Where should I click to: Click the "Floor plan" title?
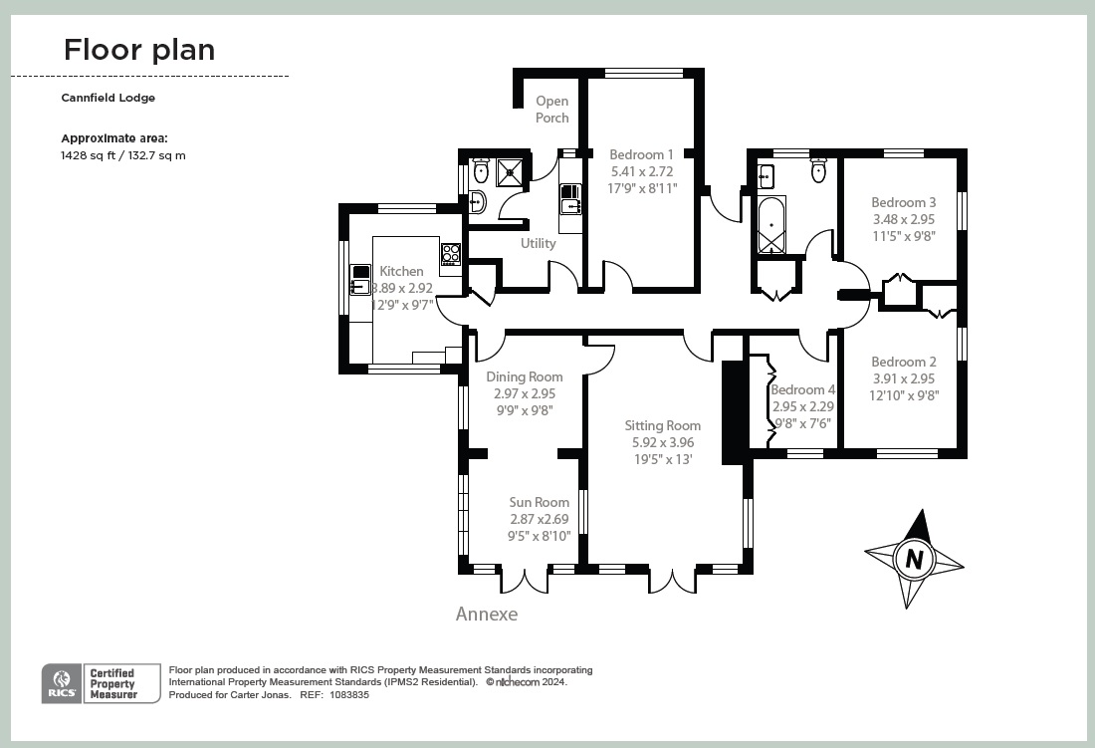coord(139,50)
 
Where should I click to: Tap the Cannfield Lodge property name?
coord(109,98)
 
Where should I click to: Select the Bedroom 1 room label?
coord(641,154)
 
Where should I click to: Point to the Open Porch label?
coord(552,109)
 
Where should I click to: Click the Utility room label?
coord(539,243)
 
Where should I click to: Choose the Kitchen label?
coord(401,271)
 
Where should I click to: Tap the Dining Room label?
coord(524,376)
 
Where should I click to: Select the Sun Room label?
coord(539,503)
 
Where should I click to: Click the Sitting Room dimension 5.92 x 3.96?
coord(663,442)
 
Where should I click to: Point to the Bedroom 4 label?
coord(802,389)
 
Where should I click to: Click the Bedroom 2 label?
coord(904,362)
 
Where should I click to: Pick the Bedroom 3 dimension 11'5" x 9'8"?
coord(904,236)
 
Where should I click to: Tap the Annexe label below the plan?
coord(487,614)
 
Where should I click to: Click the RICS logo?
coord(56,683)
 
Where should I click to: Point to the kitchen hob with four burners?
coord(451,253)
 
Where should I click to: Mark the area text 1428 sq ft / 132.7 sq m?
coord(123,155)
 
